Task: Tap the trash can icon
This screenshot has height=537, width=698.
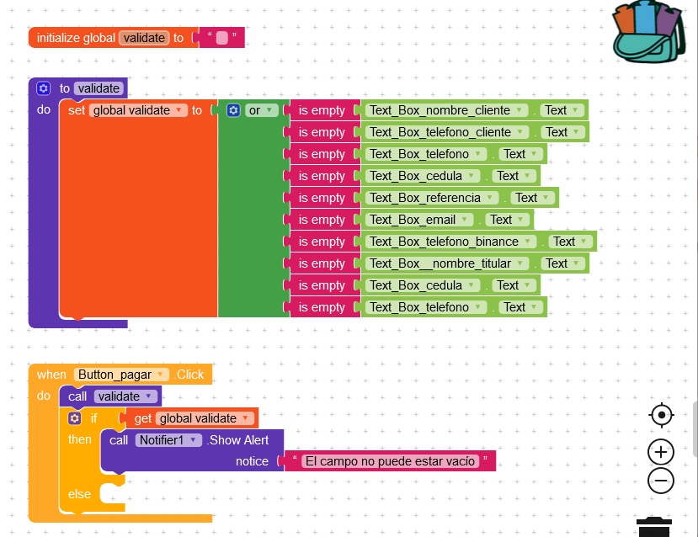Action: (654, 528)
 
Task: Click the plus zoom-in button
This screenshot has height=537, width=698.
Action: (661, 452)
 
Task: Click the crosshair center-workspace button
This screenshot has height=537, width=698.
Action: (661, 415)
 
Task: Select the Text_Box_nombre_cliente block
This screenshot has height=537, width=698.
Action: (440, 110)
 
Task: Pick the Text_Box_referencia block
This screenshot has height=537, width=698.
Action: (425, 198)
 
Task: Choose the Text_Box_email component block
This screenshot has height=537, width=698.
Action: (413, 220)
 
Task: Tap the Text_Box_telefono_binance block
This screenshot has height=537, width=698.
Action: (444, 242)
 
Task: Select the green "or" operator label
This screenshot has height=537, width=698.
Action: (253, 110)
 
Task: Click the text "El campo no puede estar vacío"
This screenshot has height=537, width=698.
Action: (390, 461)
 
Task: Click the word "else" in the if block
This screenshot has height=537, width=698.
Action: (79, 493)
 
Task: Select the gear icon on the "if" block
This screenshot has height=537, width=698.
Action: (74, 418)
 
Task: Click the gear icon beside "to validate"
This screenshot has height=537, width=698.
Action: (44, 88)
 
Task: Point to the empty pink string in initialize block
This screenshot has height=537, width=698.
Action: (221, 38)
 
